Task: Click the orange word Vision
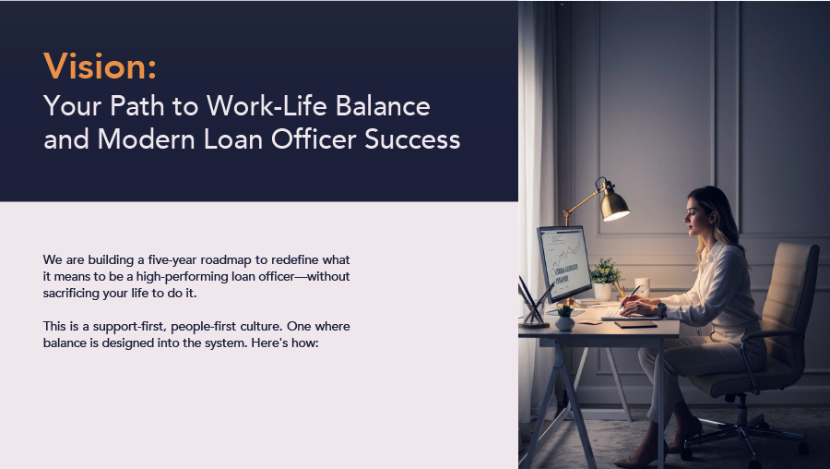(100, 66)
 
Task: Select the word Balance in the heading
(383, 105)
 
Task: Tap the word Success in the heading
(412, 139)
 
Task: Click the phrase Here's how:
(285, 343)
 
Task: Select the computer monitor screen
(565, 262)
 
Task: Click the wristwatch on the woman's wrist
(661, 308)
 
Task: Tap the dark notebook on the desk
(635, 324)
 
